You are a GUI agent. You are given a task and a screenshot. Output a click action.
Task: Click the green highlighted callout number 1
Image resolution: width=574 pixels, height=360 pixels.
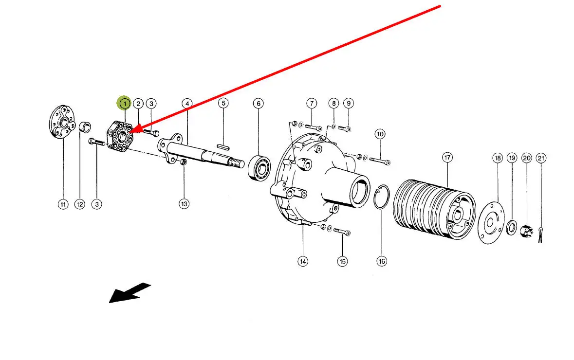[125, 103]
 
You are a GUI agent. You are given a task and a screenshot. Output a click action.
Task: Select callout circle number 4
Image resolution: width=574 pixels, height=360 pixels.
[187, 103]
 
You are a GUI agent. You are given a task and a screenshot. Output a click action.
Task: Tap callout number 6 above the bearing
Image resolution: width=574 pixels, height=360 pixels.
[258, 103]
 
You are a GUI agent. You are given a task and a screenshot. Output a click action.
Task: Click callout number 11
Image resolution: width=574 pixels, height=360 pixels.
[63, 204]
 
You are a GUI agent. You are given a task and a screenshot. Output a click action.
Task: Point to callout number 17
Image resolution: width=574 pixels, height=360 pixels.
[447, 157]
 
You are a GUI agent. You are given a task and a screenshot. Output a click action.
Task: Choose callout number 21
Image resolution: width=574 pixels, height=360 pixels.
[541, 158]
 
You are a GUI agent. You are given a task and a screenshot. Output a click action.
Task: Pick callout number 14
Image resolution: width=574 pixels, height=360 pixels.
[303, 261]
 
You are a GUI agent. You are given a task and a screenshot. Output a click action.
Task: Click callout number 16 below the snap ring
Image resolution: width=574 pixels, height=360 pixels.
[382, 261]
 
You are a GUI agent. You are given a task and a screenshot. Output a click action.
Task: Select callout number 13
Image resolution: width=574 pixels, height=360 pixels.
[184, 204]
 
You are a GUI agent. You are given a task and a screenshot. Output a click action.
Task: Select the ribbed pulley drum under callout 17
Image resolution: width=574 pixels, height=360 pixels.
[433, 210]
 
